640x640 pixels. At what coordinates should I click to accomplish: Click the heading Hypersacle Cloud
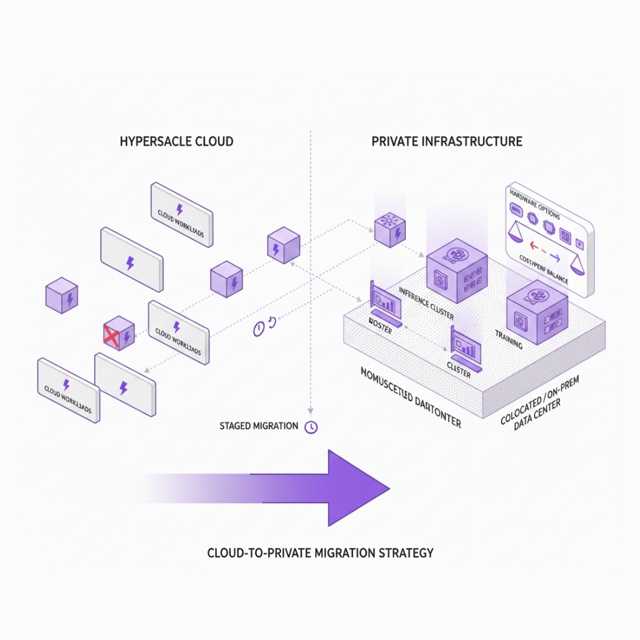tap(177, 142)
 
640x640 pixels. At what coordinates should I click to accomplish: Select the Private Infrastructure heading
tap(447, 142)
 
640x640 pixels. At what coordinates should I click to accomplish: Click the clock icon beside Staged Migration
tap(311, 427)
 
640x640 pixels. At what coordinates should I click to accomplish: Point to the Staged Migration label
tap(258, 426)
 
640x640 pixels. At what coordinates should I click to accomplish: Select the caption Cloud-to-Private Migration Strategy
tap(320, 553)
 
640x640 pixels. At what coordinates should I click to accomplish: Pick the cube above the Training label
tap(537, 315)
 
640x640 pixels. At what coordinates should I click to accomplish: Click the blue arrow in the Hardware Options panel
tap(554, 256)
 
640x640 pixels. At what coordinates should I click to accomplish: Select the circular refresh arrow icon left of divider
tap(272, 322)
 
